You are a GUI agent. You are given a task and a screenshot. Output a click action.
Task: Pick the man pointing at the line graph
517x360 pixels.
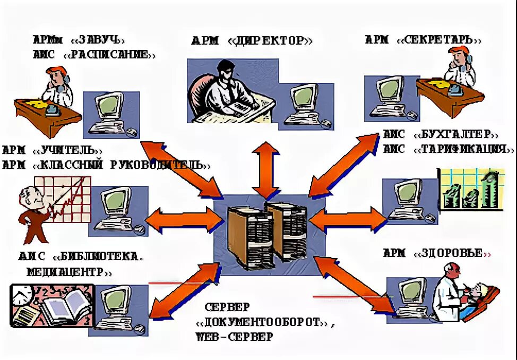(x=32, y=212)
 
